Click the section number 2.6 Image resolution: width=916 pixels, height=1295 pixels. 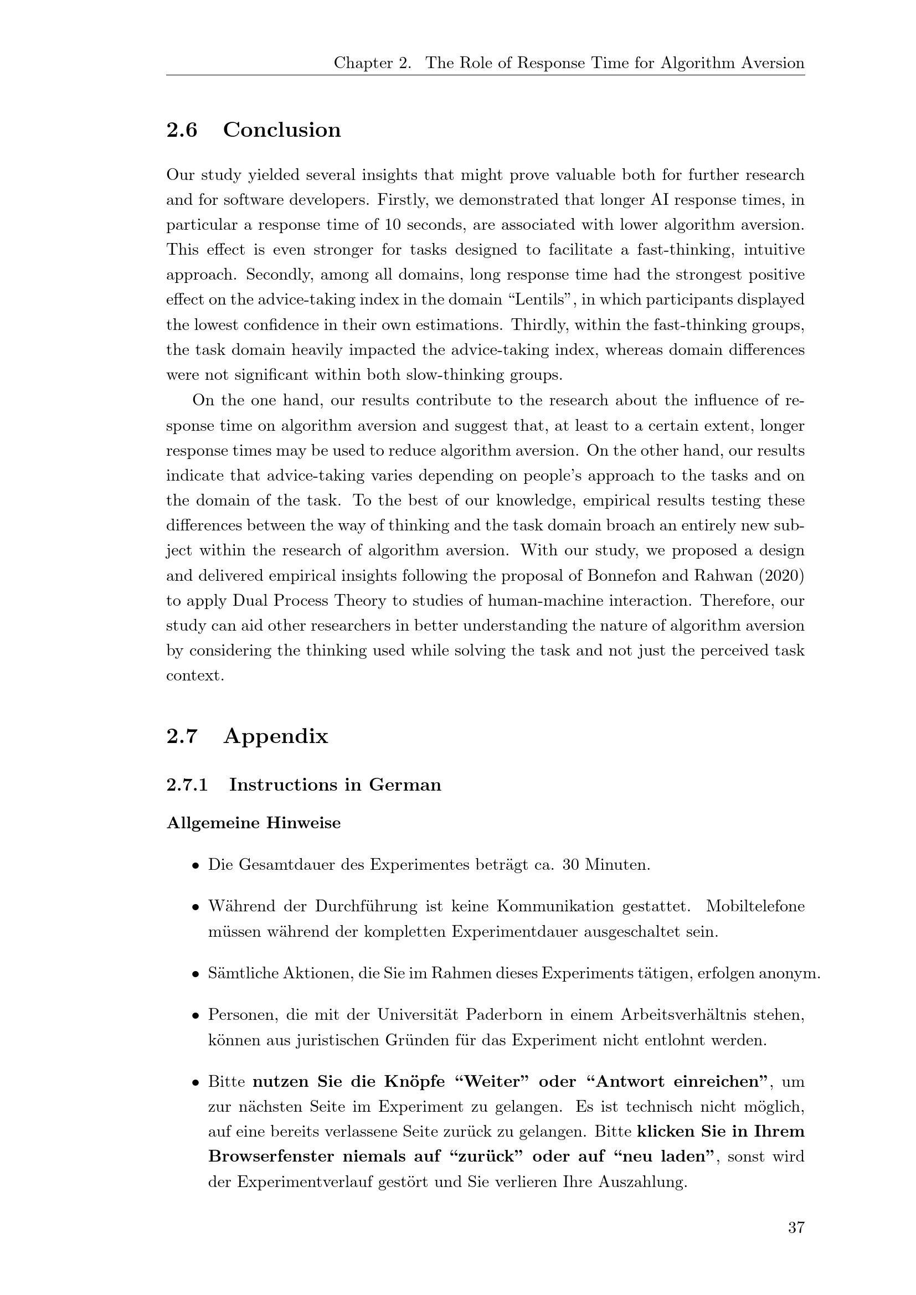click(x=182, y=130)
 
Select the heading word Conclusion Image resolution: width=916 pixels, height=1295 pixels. click(x=282, y=130)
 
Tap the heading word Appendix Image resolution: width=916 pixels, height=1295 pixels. click(x=275, y=736)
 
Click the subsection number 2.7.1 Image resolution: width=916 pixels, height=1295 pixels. click(x=187, y=785)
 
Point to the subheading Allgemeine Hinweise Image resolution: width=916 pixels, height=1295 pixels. click(x=253, y=823)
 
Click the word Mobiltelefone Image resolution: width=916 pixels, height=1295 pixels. click(x=755, y=906)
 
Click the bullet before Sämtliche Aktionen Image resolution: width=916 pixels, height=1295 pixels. click(x=195, y=974)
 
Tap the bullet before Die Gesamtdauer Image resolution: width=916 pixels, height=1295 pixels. click(x=195, y=865)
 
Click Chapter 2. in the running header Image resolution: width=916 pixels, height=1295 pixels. click(x=372, y=63)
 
